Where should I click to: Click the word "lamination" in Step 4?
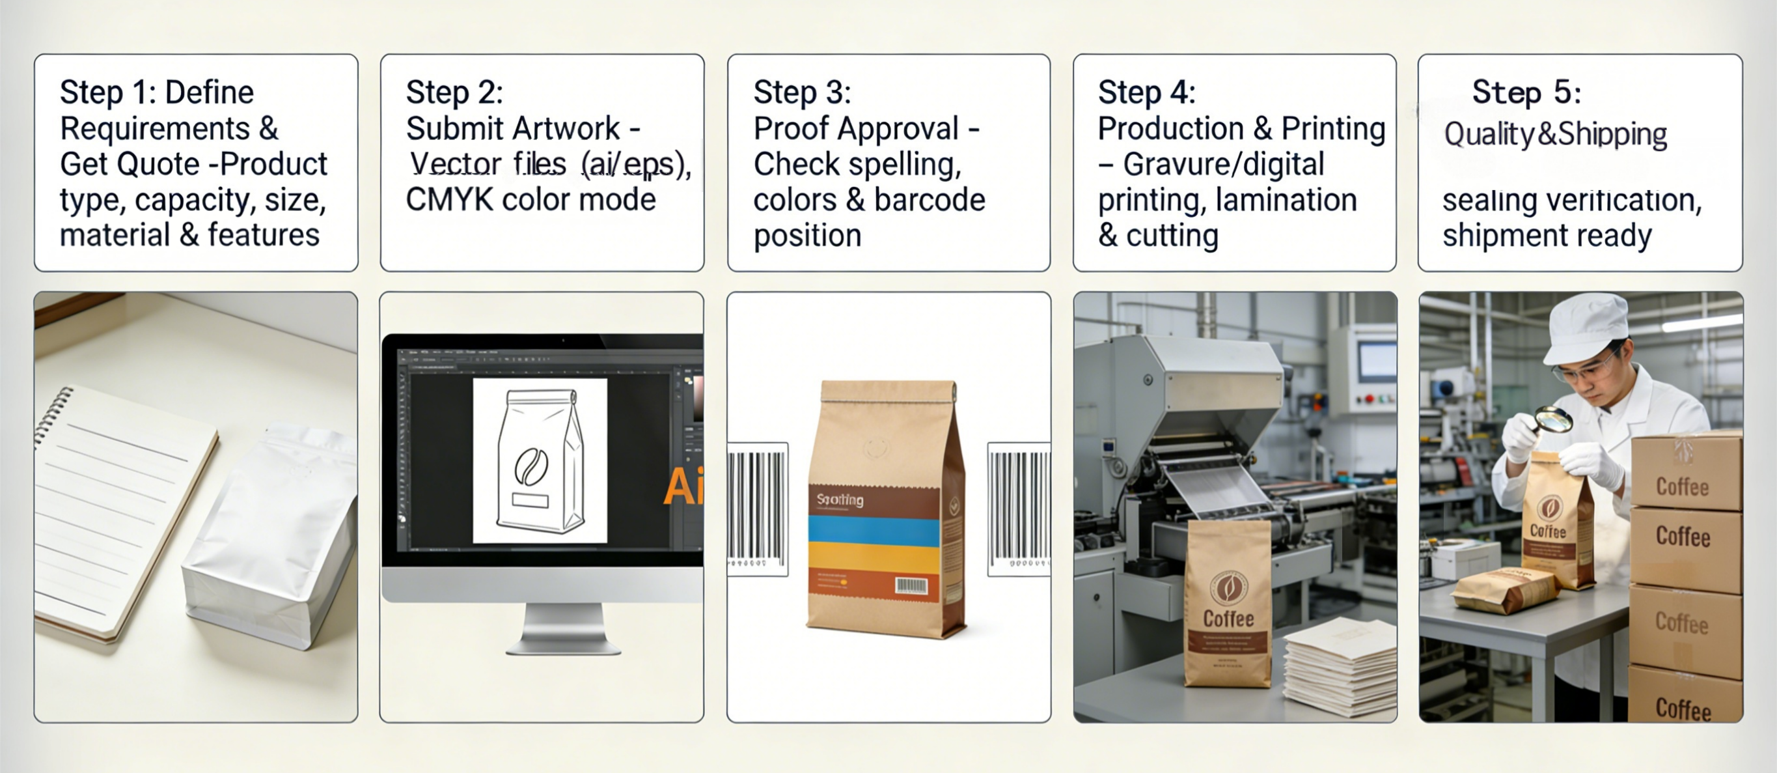(1286, 199)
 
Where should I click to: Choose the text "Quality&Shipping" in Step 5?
(1555, 134)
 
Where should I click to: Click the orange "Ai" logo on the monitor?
(682, 486)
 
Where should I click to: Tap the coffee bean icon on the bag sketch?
(531, 466)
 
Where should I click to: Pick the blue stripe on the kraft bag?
(874, 529)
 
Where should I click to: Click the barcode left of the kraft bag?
(758, 507)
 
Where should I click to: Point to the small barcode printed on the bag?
(911, 586)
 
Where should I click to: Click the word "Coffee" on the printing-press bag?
(1228, 619)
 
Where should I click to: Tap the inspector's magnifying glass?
(1552, 418)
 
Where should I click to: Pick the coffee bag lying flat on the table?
(1504, 590)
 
